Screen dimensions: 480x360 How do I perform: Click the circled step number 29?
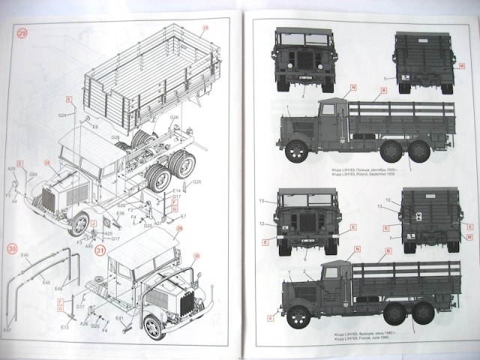22,33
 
